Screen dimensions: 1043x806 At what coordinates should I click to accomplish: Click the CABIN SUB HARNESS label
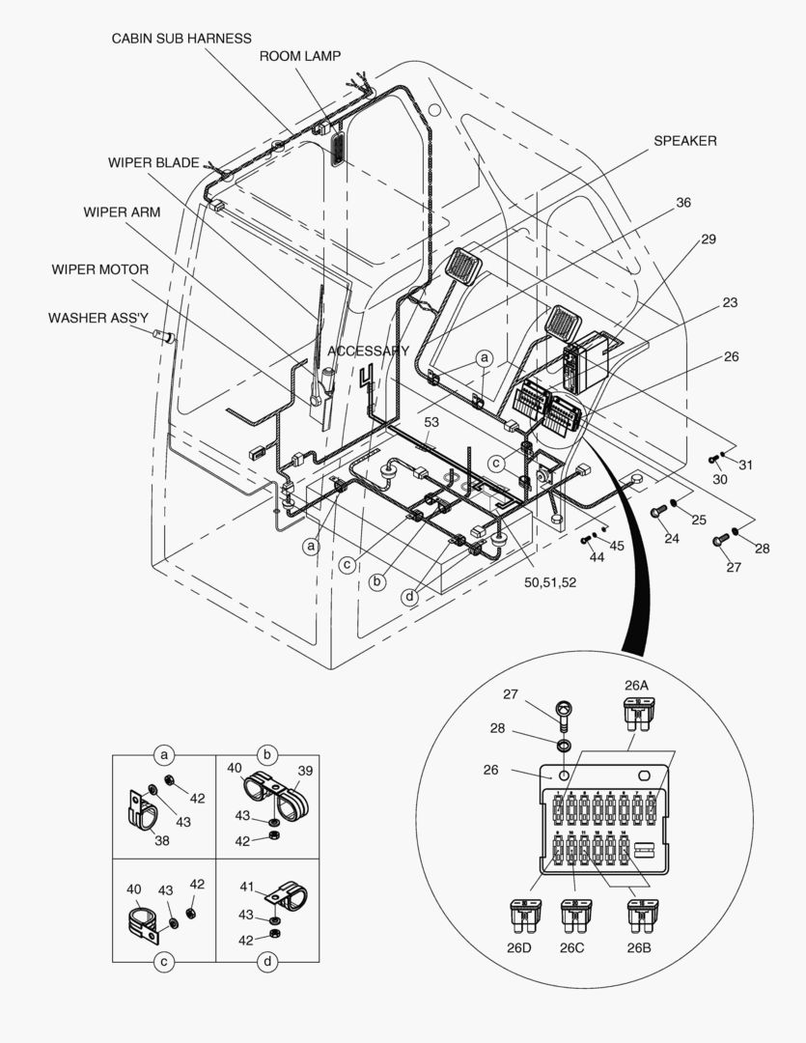click(x=181, y=39)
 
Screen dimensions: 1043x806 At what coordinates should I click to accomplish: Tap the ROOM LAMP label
click(x=299, y=56)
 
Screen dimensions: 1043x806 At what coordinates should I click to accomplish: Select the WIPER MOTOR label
click(x=100, y=269)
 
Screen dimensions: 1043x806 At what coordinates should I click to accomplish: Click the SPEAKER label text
click(x=685, y=141)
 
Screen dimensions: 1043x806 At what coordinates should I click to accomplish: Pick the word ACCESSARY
click(x=369, y=351)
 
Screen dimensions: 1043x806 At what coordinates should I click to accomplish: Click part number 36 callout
click(x=683, y=203)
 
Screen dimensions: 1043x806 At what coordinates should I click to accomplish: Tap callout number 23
click(x=730, y=302)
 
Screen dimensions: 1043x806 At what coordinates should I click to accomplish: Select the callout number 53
click(x=431, y=422)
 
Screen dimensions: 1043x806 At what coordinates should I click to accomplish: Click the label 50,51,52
click(x=551, y=583)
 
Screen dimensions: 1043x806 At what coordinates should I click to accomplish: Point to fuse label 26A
click(x=636, y=686)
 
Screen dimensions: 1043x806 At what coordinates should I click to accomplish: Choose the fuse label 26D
click(x=519, y=947)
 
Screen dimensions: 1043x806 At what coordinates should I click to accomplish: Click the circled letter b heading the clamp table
click(x=267, y=754)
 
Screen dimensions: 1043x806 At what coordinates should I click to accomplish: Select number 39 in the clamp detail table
click(x=305, y=771)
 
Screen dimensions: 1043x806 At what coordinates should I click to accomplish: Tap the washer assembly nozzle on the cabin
click(x=165, y=337)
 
